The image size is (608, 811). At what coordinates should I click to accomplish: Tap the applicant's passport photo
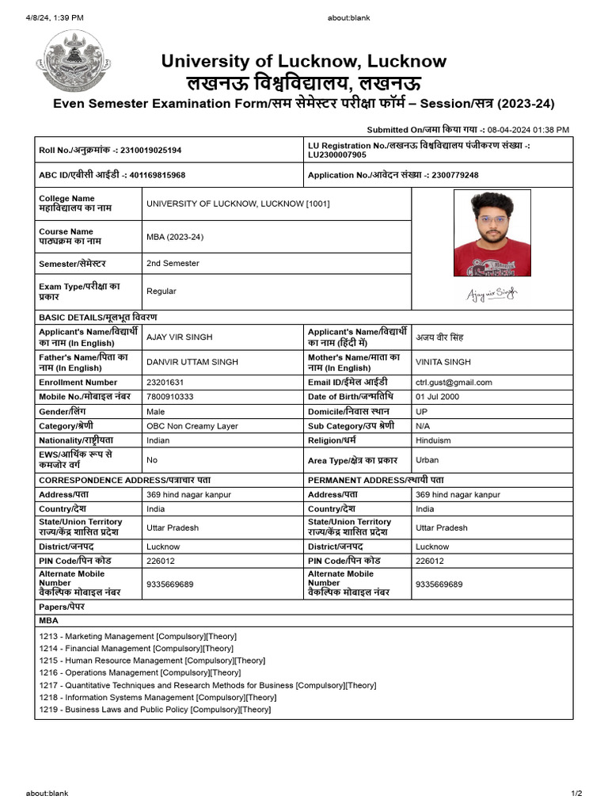coord(492,233)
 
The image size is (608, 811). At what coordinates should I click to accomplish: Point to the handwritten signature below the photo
coord(492,295)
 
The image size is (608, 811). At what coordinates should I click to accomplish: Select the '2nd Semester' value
coord(173,263)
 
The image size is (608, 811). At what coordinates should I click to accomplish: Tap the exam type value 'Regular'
coord(161,291)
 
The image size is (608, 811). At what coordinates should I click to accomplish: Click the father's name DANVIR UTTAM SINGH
coord(192,362)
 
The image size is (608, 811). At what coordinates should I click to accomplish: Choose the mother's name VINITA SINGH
coord(443,362)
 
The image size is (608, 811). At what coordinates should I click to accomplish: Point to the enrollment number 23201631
coord(165,382)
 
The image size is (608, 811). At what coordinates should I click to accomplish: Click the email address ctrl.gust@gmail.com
coord(454,382)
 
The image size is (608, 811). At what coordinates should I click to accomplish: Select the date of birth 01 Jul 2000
coord(437,397)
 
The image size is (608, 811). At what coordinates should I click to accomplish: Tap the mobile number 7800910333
coord(169,397)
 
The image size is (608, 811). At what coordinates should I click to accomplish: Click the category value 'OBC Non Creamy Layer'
coord(192,426)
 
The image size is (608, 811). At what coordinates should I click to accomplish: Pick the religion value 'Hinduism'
coord(433,440)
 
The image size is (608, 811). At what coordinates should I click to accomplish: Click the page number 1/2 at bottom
coord(576,794)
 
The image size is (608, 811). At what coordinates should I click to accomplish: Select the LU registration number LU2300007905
coord(337,155)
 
